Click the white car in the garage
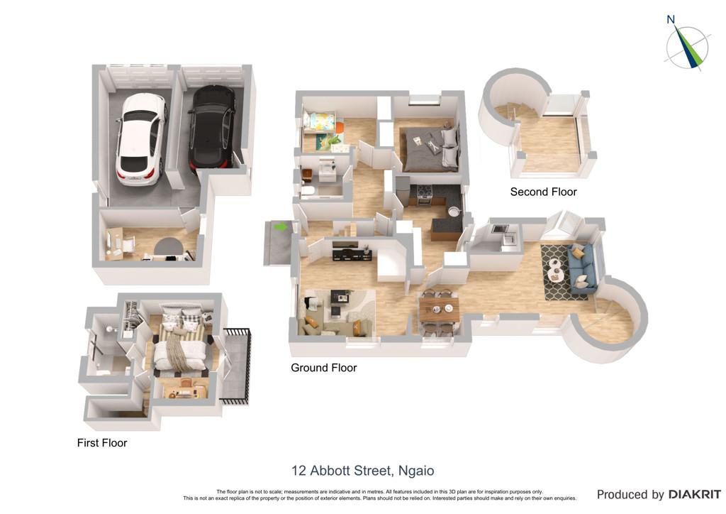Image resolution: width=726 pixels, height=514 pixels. [x=140, y=139]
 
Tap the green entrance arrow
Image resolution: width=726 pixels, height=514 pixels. [x=280, y=226]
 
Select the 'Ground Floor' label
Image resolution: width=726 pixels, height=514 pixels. [x=323, y=368]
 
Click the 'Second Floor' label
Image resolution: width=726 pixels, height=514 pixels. [x=544, y=192]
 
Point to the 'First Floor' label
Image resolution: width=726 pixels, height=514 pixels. [x=102, y=442]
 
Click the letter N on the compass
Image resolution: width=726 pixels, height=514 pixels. [x=671, y=19]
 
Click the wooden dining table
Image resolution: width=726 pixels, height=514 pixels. [x=439, y=308]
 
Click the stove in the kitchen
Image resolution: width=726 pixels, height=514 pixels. [x=425, y=195]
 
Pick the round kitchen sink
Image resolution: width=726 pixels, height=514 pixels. [x=453, y=211]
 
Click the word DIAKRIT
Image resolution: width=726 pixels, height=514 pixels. [x=694, y=495]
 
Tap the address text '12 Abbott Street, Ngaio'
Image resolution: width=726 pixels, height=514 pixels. [x=363, y=471]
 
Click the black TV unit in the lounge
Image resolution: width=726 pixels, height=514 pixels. [x=352, y=254]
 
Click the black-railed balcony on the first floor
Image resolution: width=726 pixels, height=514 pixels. [x=235, y=366]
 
